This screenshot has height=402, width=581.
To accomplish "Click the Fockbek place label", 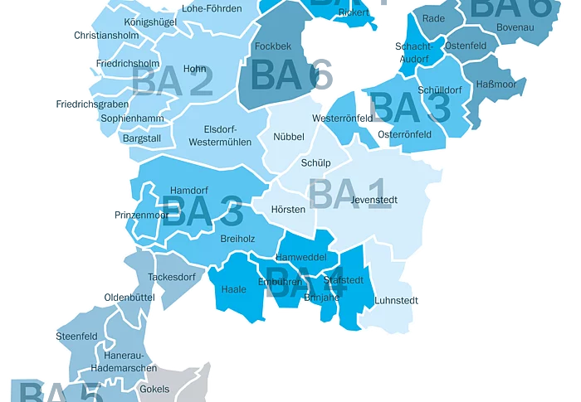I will coord(273,46).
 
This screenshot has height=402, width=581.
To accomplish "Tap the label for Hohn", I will coord(194,69).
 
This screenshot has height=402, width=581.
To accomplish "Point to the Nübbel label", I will coord(289,137).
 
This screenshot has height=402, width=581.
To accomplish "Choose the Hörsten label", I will coord(288,210).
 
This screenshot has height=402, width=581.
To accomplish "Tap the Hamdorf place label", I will coord(188,191).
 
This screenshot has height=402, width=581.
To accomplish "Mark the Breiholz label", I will coord(237,239).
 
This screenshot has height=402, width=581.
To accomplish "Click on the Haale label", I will coord(234,290).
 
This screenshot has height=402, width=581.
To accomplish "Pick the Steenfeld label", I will coord(76,337).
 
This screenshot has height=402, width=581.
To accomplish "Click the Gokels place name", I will coord(154,389).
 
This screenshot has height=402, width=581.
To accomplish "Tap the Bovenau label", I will coord(515,28).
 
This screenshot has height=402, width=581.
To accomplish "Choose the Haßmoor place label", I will coord(496,85).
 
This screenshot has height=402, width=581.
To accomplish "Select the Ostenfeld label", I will coord(466,46).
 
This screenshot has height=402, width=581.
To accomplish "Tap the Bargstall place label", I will coord(141,138).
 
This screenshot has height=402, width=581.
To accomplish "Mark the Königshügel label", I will coord(149,22).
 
